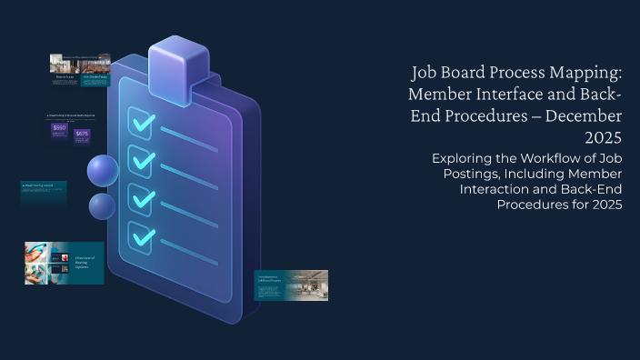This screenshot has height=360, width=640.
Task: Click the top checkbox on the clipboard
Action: click(x=141, y=121)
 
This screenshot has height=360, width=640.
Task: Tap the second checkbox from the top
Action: click(x=141, y=160)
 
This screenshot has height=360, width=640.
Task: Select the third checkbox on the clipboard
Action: click(x=141, y=198)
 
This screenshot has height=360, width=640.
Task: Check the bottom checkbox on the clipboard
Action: click(x=141, y=236)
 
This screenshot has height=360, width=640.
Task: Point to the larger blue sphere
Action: click(x=103, y=170)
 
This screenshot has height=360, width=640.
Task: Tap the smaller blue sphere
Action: click(x=102, y=206)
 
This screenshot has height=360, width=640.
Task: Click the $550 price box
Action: click(x=59, y=129)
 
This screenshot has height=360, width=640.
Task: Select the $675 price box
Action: click(x=82, y=135)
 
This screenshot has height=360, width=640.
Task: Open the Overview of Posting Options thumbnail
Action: click(x=64, y=263)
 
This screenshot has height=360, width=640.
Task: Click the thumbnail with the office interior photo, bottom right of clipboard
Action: click(x=291, y=285)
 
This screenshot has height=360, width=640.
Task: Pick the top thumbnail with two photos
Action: click(x=80, y=69)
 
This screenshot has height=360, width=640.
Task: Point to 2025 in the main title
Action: click(x=602, y=138)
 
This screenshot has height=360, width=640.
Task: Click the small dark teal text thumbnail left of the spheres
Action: click(x=43, y=192)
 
